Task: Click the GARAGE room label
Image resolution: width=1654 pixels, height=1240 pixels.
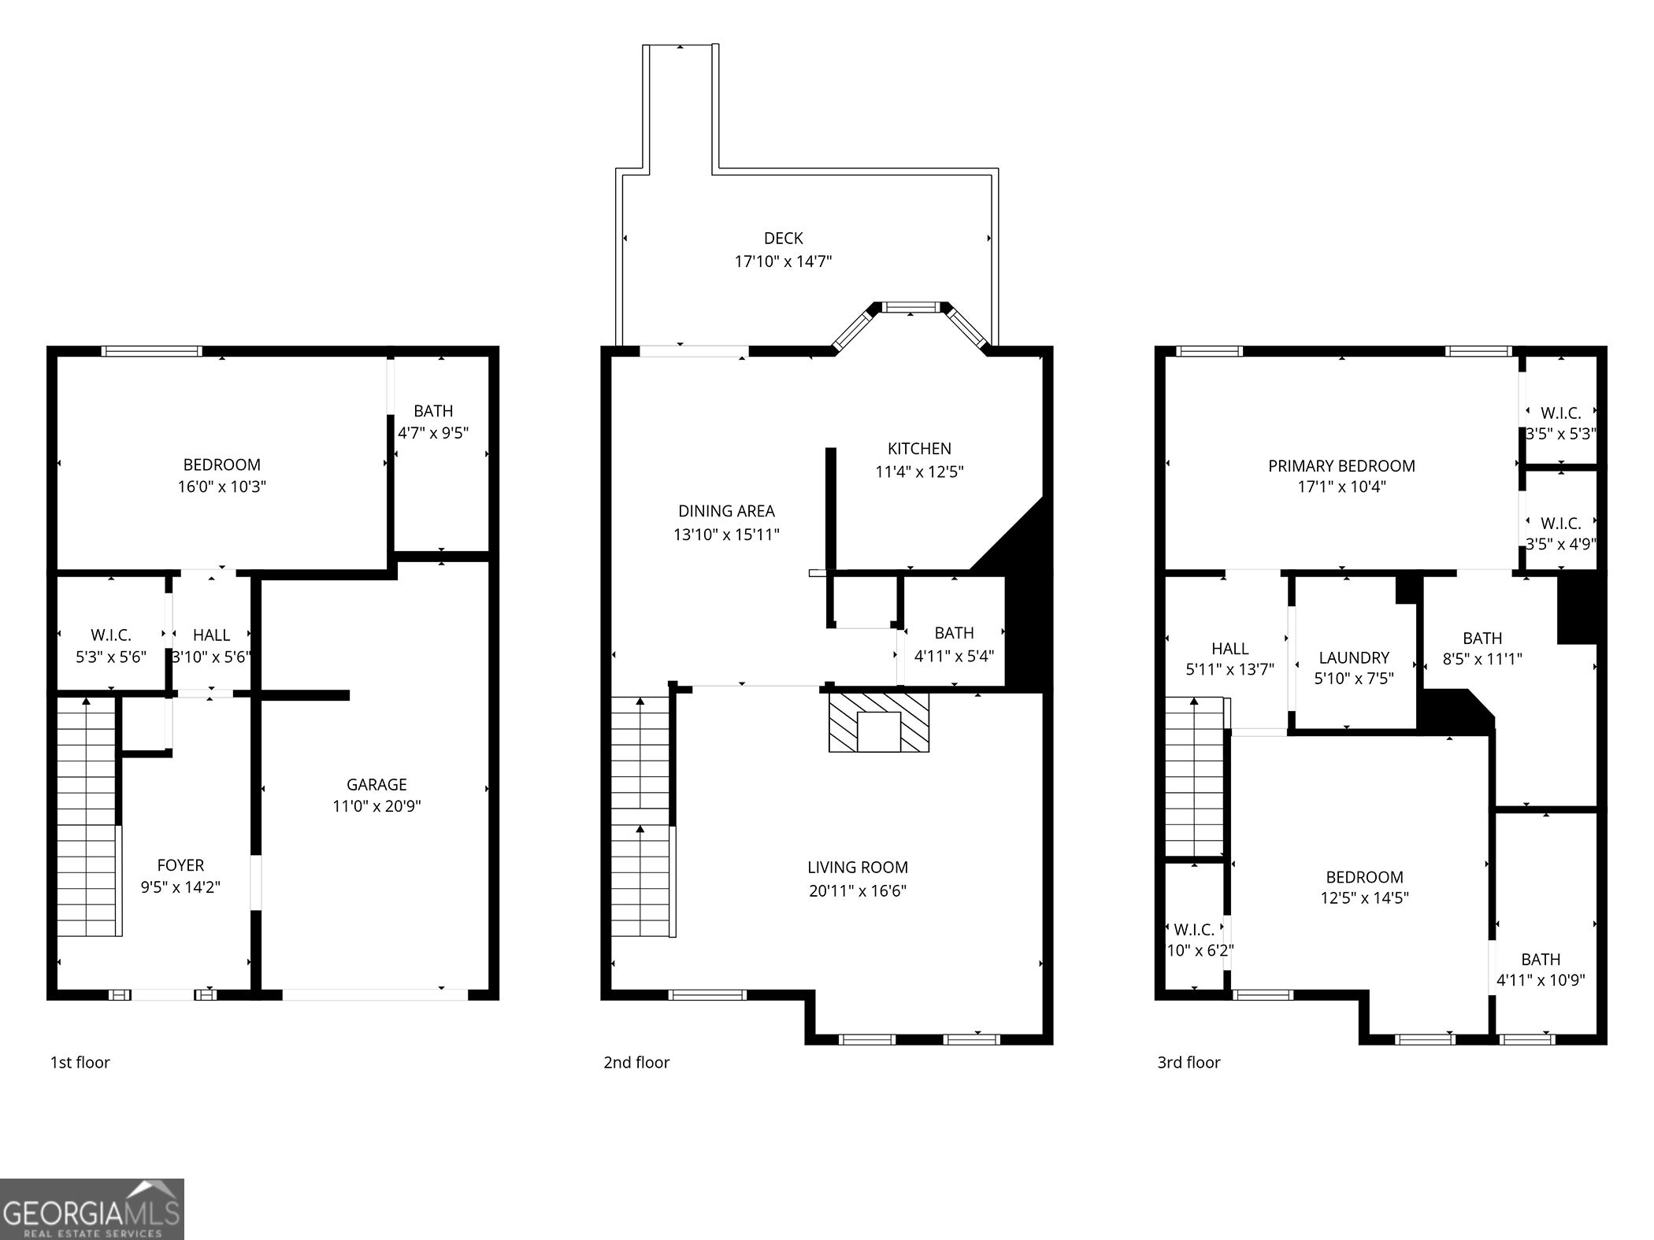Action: (x=376, y=784)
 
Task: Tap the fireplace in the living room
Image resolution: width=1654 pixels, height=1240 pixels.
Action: (x=878, y=722)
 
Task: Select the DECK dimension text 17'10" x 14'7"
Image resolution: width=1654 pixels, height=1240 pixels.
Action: (x=783, y=261)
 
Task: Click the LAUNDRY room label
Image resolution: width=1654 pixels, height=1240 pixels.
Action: (x=1354, y=657)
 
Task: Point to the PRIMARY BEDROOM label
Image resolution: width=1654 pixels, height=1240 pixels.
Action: (x=1341, y=465)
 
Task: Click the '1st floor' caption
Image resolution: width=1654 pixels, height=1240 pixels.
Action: (x=80, y=1062)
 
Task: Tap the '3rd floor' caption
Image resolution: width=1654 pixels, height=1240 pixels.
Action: (x=1189, y=1062)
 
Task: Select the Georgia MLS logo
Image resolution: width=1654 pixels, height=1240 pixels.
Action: (x=92, y=1209)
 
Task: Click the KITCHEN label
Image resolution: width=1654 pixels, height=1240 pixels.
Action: (x=919, y=449)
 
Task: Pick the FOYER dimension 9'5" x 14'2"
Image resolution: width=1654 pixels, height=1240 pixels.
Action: (x=180, y=887)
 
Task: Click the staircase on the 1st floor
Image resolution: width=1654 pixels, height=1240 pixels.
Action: (x=87, y=815)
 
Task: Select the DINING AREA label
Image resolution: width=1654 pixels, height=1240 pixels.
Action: (x=726, y=511)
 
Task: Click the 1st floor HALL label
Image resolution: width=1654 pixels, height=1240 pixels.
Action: (x=211, y=635)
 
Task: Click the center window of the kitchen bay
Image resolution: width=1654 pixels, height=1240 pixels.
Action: (x=910, y=307)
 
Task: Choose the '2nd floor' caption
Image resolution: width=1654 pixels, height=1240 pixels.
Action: (x=636, y=1062)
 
